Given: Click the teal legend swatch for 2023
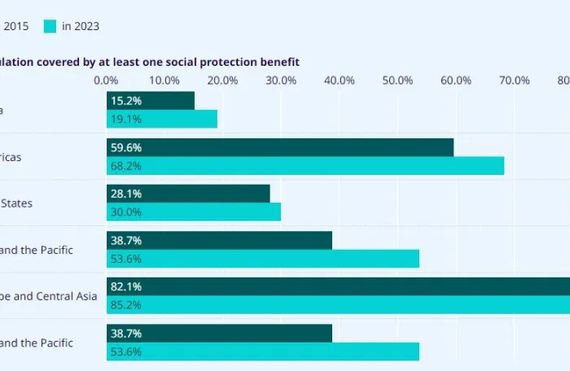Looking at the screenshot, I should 50,26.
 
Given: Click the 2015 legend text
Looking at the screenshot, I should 15,26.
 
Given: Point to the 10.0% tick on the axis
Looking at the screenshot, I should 164,81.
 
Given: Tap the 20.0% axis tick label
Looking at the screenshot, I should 222,81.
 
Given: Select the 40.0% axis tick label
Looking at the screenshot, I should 339,81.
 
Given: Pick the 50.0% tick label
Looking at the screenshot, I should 397,81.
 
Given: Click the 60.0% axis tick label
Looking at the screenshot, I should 455,81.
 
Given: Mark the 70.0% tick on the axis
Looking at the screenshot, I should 514,81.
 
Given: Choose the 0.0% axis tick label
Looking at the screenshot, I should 106,81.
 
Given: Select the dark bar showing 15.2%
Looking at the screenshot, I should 151,101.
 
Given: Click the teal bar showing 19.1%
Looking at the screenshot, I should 162,119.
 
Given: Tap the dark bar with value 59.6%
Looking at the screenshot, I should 280,147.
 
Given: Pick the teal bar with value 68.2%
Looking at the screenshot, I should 305,165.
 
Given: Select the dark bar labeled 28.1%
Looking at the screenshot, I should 188,194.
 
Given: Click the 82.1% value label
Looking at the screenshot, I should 125,286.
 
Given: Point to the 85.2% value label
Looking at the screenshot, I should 125,305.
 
